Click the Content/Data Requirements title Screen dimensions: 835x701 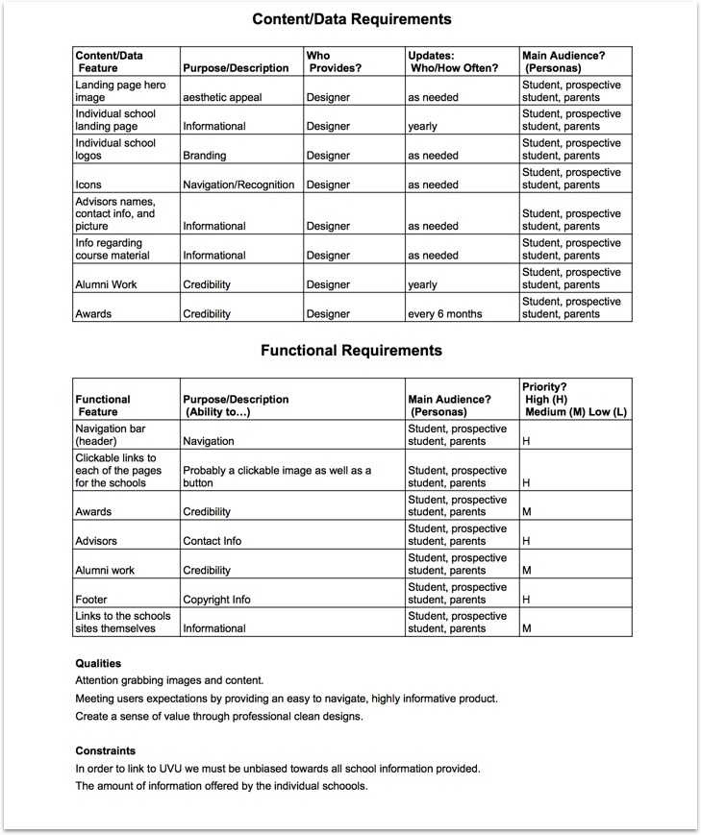(x=351, y=19)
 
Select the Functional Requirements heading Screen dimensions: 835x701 (x=351, y=351)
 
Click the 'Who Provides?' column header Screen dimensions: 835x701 (x=331, y=61)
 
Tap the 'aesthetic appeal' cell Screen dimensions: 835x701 (x=222, y=98)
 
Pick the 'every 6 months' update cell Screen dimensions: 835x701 (x=443, y=314)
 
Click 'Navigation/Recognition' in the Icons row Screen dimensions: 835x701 (x=238, y=184)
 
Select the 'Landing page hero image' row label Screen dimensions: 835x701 (x=120, y=91)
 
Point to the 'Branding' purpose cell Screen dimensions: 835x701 (x=205, y=156)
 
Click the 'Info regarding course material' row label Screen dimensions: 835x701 (x=113, y=250)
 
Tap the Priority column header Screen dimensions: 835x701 (x=573, y=399)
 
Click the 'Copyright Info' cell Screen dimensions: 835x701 (x=216, y=600)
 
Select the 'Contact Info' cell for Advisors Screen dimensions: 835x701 (x=213, y=541)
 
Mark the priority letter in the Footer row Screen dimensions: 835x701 (x=526, y=600)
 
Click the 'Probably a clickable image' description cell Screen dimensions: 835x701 (x=277, y=477)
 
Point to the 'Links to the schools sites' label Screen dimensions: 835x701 (x=122, y=622)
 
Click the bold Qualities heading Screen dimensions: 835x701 (x=98, y=663)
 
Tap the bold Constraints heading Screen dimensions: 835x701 (x=105, y=750)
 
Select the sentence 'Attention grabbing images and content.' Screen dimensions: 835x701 (x=169, y=680)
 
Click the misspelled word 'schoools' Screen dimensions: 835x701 (x=341, y=786)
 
